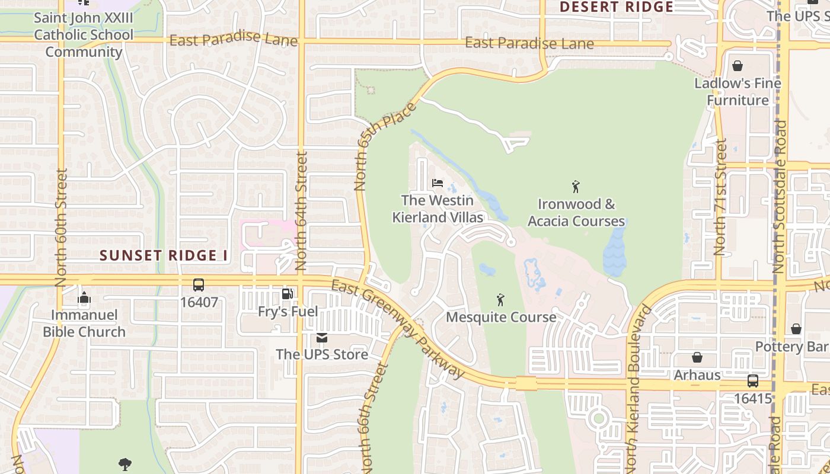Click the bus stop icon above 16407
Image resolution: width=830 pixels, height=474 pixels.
click(x=199, y=285)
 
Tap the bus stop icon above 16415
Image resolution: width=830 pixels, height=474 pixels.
click(x=752, y=381)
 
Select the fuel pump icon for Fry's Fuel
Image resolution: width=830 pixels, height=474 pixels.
click(x=288, y=294)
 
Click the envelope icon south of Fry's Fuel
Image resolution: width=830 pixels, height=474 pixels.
click(x=322, y=338)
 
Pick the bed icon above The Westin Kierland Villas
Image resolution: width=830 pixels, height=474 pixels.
click(x=438, y=182)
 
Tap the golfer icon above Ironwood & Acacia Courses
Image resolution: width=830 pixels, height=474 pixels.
click(x=576, y=187)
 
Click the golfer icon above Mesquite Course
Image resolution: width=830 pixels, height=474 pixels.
click(x=500, y=300)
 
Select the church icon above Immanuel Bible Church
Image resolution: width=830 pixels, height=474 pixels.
click(x=84, y=297)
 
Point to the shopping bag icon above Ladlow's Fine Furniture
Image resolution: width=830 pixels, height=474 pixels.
click(x=738, y=66)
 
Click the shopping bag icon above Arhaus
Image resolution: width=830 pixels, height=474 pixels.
click(x=697, y=357)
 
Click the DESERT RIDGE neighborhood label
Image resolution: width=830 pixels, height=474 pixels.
click(x=617, y=7)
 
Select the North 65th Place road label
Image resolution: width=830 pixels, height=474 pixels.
click(x=385, y=146)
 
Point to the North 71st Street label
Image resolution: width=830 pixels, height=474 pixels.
click(x=720, y=197)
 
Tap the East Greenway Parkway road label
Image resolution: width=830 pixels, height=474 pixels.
click(x=398, y=329)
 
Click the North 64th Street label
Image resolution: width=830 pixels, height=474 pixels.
click(x=301, y=211)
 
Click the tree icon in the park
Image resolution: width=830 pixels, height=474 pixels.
click(x=124, y=464)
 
